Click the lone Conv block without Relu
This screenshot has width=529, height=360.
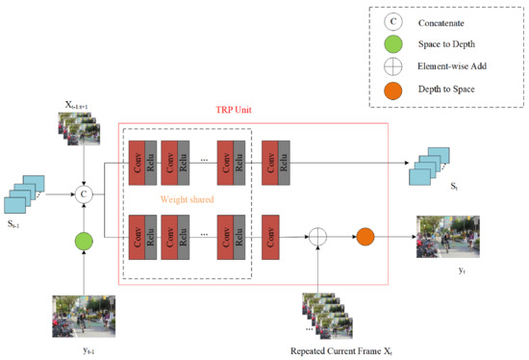(270, 234)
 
